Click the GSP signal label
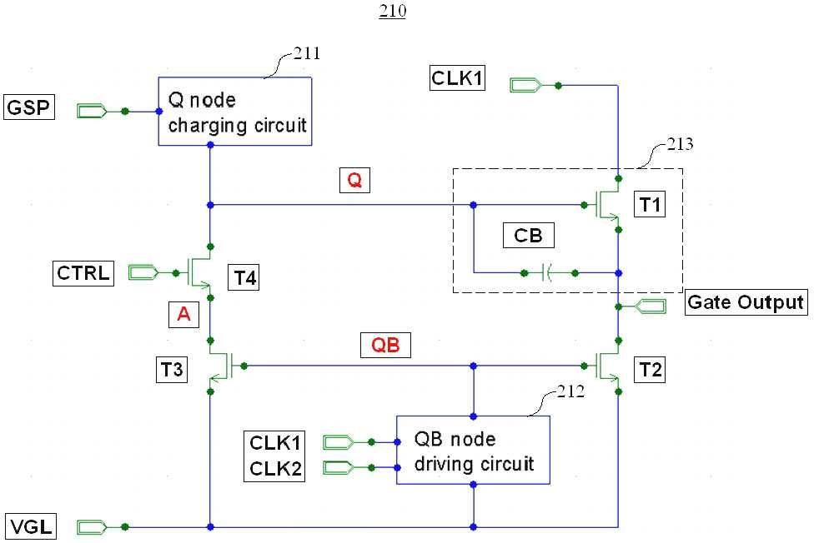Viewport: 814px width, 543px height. (x=29, y=107)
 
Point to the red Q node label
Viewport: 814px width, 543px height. (x=354, y=180)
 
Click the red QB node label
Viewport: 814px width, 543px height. (x=385, y=345)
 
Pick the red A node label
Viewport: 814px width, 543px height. (x=183, y=314)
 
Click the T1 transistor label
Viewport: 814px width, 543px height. (x=650, y=204)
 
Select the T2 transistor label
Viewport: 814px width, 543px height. (x=650, y=370)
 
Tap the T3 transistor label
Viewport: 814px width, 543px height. (x=172, y=370)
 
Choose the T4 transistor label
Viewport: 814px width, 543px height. (x=244, y=278)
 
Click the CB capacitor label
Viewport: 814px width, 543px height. (x=529, y=236)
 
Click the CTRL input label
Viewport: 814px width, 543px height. (x=83, y=273)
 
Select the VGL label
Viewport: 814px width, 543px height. (x=31, y=526)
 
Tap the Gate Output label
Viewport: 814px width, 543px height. (x=746, y=302)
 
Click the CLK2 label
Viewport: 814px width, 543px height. (x=275, y=468)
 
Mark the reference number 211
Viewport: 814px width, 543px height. (x=307, y=53)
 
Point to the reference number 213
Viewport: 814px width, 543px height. (x=680, y=143)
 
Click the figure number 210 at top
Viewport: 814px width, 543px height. (x=393, y=10)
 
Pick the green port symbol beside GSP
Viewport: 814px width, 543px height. (x=93, y=111)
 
